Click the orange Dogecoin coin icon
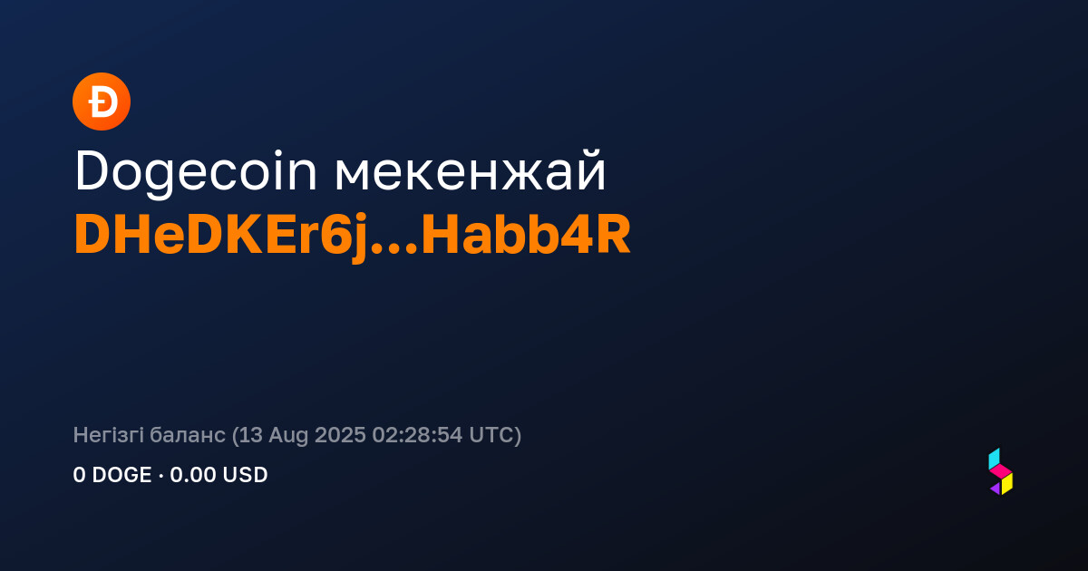102,102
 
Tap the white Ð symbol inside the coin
102,102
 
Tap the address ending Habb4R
526,235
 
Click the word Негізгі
108,436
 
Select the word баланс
188,436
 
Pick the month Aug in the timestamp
288,436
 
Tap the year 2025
340,435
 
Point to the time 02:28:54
417,435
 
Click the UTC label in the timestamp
491,435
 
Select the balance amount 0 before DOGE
79,475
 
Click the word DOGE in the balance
121,475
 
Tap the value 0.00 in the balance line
193,475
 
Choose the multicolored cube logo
1001,471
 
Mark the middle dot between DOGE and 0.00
160,475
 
